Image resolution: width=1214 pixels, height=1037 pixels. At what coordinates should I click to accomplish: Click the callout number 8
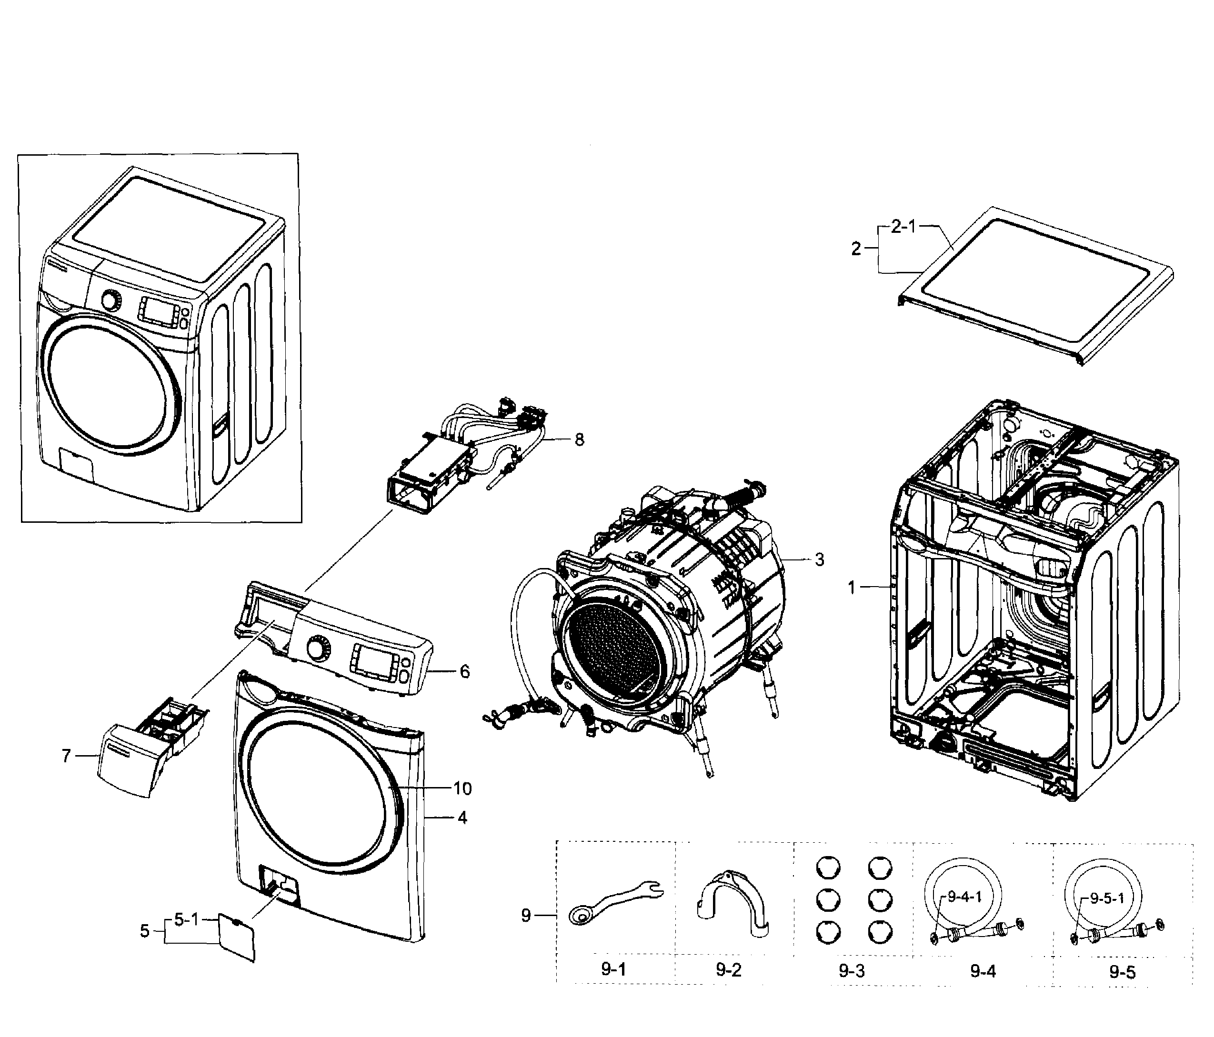tap(579, 440)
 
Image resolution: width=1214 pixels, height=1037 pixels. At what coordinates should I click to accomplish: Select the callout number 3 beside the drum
tap(819, 560)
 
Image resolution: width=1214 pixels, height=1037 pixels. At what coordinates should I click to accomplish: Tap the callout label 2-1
tap(903, 227)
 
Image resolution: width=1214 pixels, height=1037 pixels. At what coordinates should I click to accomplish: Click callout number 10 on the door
tap(462, 788)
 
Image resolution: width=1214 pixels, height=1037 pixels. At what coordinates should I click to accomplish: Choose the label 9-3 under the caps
tap(851, 971)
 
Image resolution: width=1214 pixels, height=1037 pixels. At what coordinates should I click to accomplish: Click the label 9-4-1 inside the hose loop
tap(964, 897)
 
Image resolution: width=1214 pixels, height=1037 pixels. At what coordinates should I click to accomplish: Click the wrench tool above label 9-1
tap(615, 902)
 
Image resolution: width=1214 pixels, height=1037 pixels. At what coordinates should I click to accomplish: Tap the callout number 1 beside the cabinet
tap(853, 588)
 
